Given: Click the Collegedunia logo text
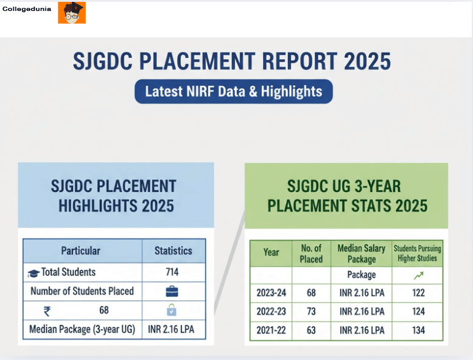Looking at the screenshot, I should click(27, 9).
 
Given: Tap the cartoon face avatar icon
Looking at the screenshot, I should click(72, 13).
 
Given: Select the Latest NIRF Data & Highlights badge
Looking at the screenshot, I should click(234, 91).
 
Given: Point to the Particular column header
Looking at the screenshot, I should click(80, 250).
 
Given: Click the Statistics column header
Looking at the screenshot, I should click(173, 250).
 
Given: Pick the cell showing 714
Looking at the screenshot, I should click(172, 272).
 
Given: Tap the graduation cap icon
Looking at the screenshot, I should click(34, 274).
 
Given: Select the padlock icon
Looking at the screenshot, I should click(172, 310).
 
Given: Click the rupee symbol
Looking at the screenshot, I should click(47, 311).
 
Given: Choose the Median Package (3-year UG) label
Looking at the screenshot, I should click(82, 330).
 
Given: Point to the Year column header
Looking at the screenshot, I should click(271, 252).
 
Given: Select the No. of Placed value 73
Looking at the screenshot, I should click(311, 311).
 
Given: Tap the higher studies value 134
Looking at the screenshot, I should click(418, 330).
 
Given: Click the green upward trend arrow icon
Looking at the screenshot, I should click(418, 275).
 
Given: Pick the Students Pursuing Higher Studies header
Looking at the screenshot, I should click(418, 253).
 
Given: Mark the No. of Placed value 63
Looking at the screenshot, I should click(311, 330).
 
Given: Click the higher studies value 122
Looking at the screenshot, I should click(418, 293).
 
